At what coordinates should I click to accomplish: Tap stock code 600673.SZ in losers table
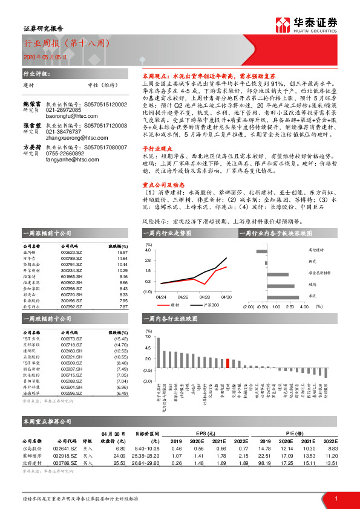pos(71,339)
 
